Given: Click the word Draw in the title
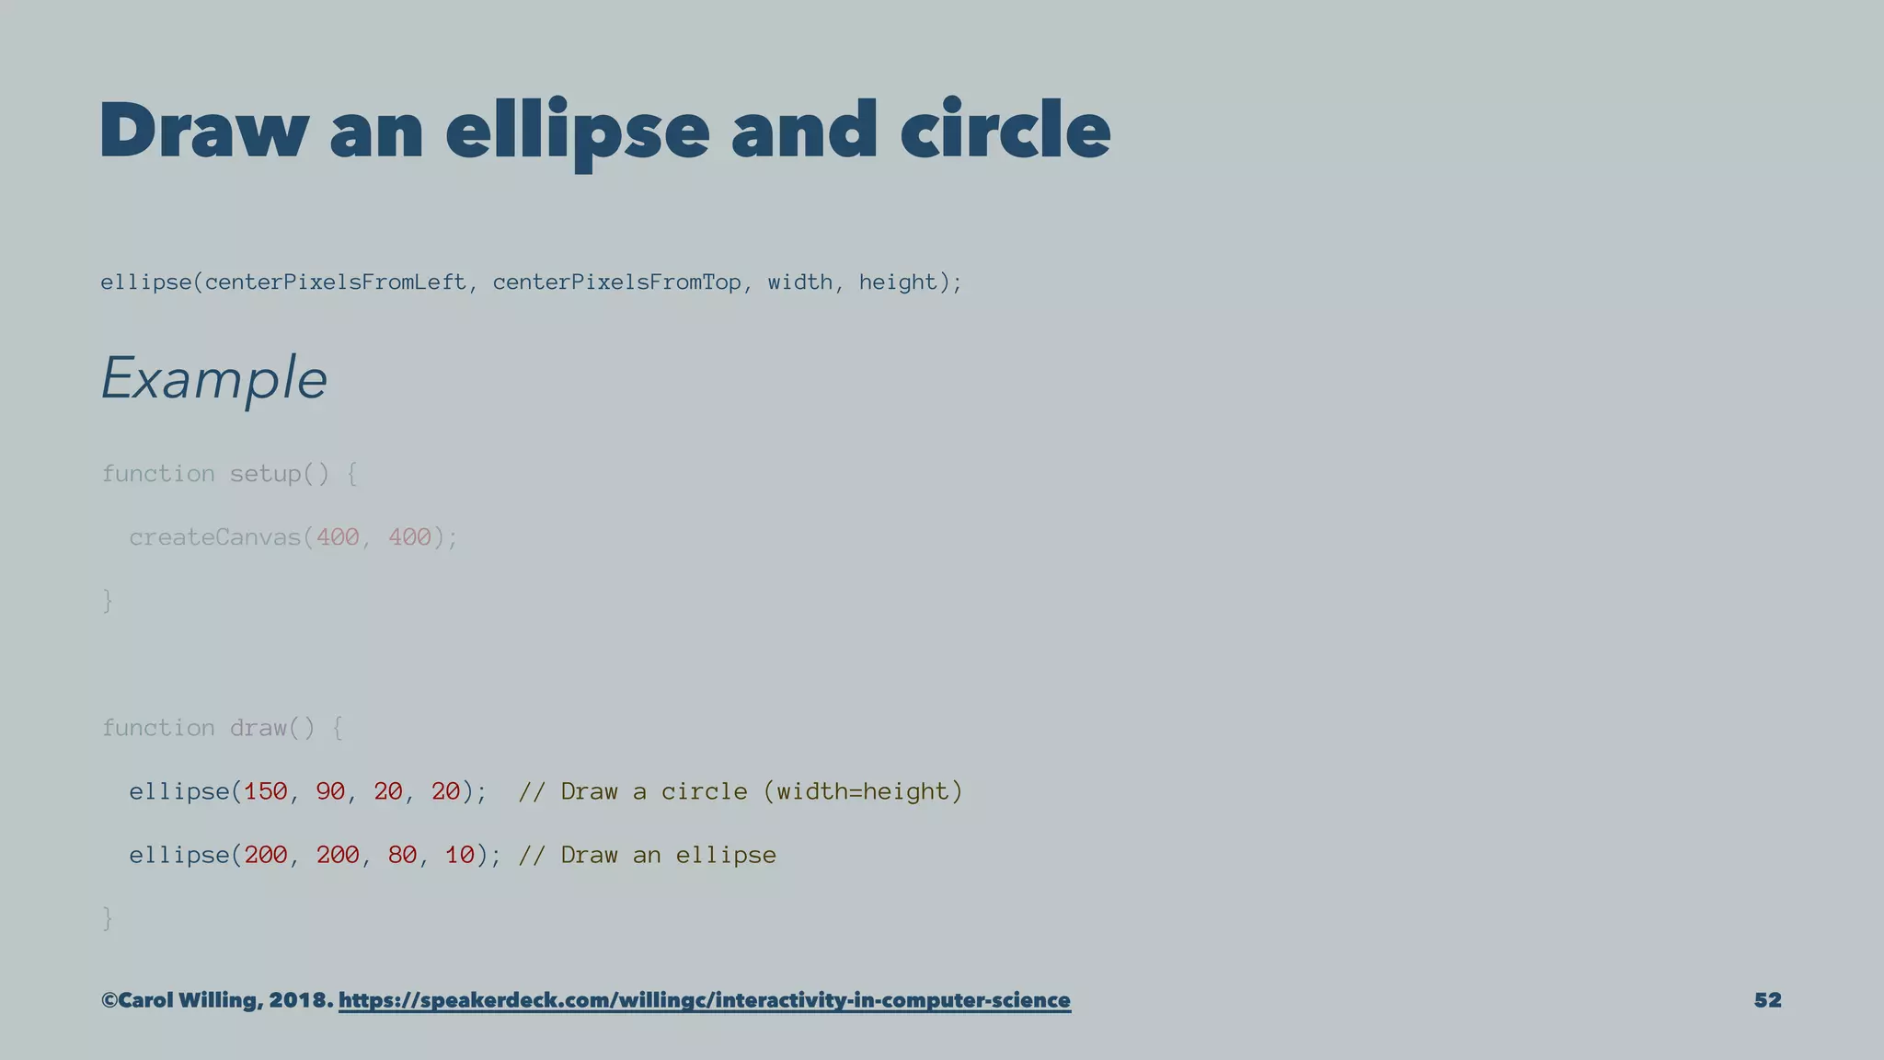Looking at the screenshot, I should (203, 131).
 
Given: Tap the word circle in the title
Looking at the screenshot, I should (1005, 131).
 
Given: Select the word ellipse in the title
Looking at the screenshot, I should (577, 131).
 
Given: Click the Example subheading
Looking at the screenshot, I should (213, 378).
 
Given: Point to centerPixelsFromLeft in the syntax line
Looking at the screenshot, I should (335, 282).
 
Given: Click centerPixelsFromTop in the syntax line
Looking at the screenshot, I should (616, 282).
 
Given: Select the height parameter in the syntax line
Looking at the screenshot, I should (897, 282).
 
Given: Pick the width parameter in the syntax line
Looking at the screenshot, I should (799, 282).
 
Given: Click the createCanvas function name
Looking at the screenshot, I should (215, 537).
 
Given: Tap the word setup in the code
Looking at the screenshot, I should (265, 474).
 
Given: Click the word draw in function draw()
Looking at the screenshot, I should (258, 728).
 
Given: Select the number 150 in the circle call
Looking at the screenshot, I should (266, 791).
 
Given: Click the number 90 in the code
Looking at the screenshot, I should (330, 791).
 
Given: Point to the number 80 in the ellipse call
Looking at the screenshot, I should (402, 855).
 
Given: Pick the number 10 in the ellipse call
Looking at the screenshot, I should (460, 855).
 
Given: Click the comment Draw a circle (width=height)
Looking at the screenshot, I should (740, 791).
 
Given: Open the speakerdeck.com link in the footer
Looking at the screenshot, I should (704, 1000).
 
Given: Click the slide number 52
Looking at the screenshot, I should (1767, 1000).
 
